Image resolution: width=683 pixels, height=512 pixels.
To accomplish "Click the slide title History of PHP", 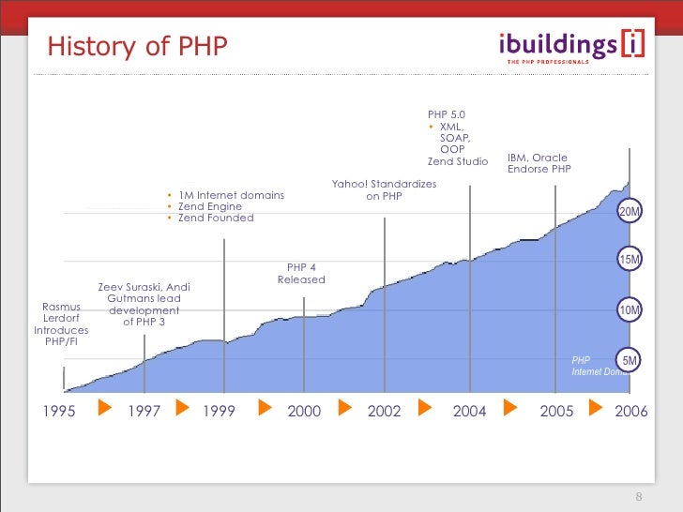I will point(137,46).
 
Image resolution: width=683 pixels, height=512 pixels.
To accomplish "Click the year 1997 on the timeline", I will point(144,410).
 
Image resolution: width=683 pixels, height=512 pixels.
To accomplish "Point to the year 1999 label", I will point(222,410).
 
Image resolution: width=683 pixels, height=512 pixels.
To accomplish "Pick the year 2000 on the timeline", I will point(304,410).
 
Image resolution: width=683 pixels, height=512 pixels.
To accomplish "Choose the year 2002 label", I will point(385,410).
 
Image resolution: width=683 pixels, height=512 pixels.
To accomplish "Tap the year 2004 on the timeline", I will point(469,410).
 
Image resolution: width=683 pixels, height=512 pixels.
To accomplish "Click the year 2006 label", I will point(630,410).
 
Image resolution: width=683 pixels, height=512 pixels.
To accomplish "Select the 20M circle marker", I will point(629,212).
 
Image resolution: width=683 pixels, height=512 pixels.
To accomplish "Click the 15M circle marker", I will point(629,259).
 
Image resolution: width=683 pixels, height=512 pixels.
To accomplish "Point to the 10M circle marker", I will point(629,309).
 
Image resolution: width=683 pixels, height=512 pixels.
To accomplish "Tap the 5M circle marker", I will point(629,360).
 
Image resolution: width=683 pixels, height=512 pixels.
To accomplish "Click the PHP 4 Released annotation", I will point(301,273).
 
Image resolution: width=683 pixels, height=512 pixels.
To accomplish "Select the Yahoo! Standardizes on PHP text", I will point(384,190).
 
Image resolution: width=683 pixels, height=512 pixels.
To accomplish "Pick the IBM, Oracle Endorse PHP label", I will point(539,163).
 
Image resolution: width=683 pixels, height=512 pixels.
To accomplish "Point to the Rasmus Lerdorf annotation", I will point(61,324).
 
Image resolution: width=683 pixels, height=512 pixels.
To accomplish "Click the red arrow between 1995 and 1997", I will point(105,409).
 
